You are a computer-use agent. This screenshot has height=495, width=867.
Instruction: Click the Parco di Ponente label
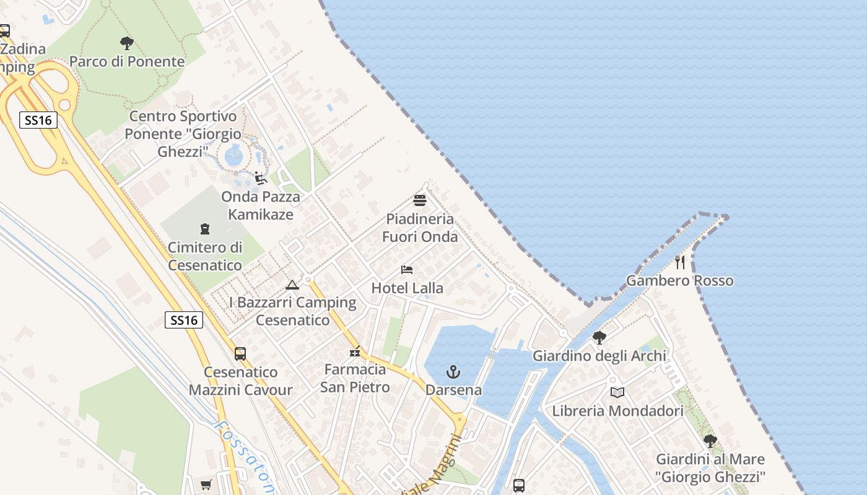[127, 61]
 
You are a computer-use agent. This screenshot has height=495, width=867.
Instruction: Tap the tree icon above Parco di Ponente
[127, 43]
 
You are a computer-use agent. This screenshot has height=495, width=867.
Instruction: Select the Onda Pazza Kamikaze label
[261, 205]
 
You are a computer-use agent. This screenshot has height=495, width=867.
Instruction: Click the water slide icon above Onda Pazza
[261, 179]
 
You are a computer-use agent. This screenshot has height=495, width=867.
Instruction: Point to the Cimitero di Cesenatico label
[205, 256]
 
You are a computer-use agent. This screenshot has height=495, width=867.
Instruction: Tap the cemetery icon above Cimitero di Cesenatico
[205, 229]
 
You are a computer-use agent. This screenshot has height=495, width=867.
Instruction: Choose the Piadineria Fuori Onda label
[420, 228]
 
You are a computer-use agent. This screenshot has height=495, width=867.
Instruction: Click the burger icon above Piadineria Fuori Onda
[420, 200]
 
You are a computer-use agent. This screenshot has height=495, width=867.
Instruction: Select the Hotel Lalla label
[407, 288]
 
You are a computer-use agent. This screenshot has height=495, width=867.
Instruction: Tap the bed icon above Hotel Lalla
[407, 270]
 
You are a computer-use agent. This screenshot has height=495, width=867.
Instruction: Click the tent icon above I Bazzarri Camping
[292, 285]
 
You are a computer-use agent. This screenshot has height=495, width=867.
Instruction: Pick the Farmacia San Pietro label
[355, 378]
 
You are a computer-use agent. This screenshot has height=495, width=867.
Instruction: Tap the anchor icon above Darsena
[453, 372]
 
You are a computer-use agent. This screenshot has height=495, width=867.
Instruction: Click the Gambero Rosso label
[679, 280]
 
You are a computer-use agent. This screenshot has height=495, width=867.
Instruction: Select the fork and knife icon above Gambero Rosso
[680, 262]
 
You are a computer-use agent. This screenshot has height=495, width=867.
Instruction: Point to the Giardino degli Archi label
[599, 356]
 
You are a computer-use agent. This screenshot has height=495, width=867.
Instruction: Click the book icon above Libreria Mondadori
[617, 392]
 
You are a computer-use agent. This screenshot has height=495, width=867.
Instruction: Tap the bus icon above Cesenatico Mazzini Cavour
[240, 354]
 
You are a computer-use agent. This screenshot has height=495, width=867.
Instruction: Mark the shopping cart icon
[206, 484]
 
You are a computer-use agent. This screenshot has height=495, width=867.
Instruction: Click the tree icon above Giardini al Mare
[710, 441]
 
